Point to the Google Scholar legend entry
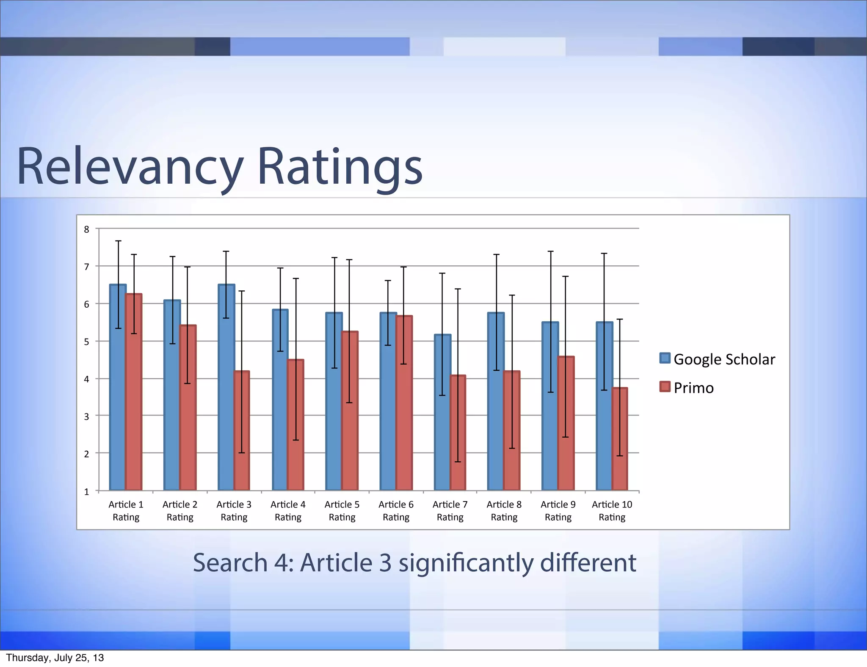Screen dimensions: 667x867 click(717, 359)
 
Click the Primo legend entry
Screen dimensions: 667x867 click(687, 388)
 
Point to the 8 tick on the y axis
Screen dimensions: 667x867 click(87, 229)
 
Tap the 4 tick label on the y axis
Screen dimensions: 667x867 click(87, 379)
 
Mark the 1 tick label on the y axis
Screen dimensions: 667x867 click(87, 492)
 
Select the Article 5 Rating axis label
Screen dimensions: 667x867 click(342, 510)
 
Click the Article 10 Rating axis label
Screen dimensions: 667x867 click(612, 510)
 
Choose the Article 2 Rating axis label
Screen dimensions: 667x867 click(180, 510)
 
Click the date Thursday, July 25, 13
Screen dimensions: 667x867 click(55, 658)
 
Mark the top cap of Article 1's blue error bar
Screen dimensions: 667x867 click(119, 241)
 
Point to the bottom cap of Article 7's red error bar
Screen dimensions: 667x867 click(458, 461)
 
